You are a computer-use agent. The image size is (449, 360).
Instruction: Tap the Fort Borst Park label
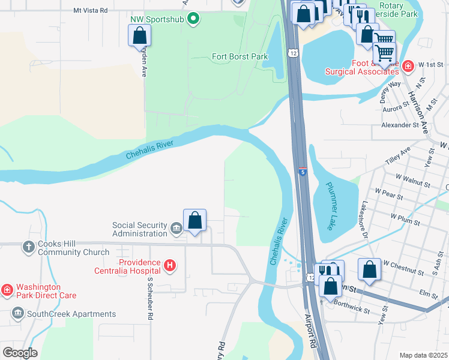click(240, 57)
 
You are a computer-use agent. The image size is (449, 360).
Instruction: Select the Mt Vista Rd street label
click(90, 10)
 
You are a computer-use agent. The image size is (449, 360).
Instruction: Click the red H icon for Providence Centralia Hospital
click(170, 265)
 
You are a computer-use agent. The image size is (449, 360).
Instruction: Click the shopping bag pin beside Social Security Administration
click(194, 220)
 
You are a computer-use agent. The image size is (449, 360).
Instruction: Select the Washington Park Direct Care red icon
click(7, 290)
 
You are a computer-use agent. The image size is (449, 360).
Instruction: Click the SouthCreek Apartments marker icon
click(17, 313)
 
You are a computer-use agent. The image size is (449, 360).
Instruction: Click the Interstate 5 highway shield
click(303, 172)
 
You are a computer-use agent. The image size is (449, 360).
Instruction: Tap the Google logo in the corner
click(20, 352)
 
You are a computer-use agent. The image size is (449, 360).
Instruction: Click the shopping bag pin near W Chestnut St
click(369, 269)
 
